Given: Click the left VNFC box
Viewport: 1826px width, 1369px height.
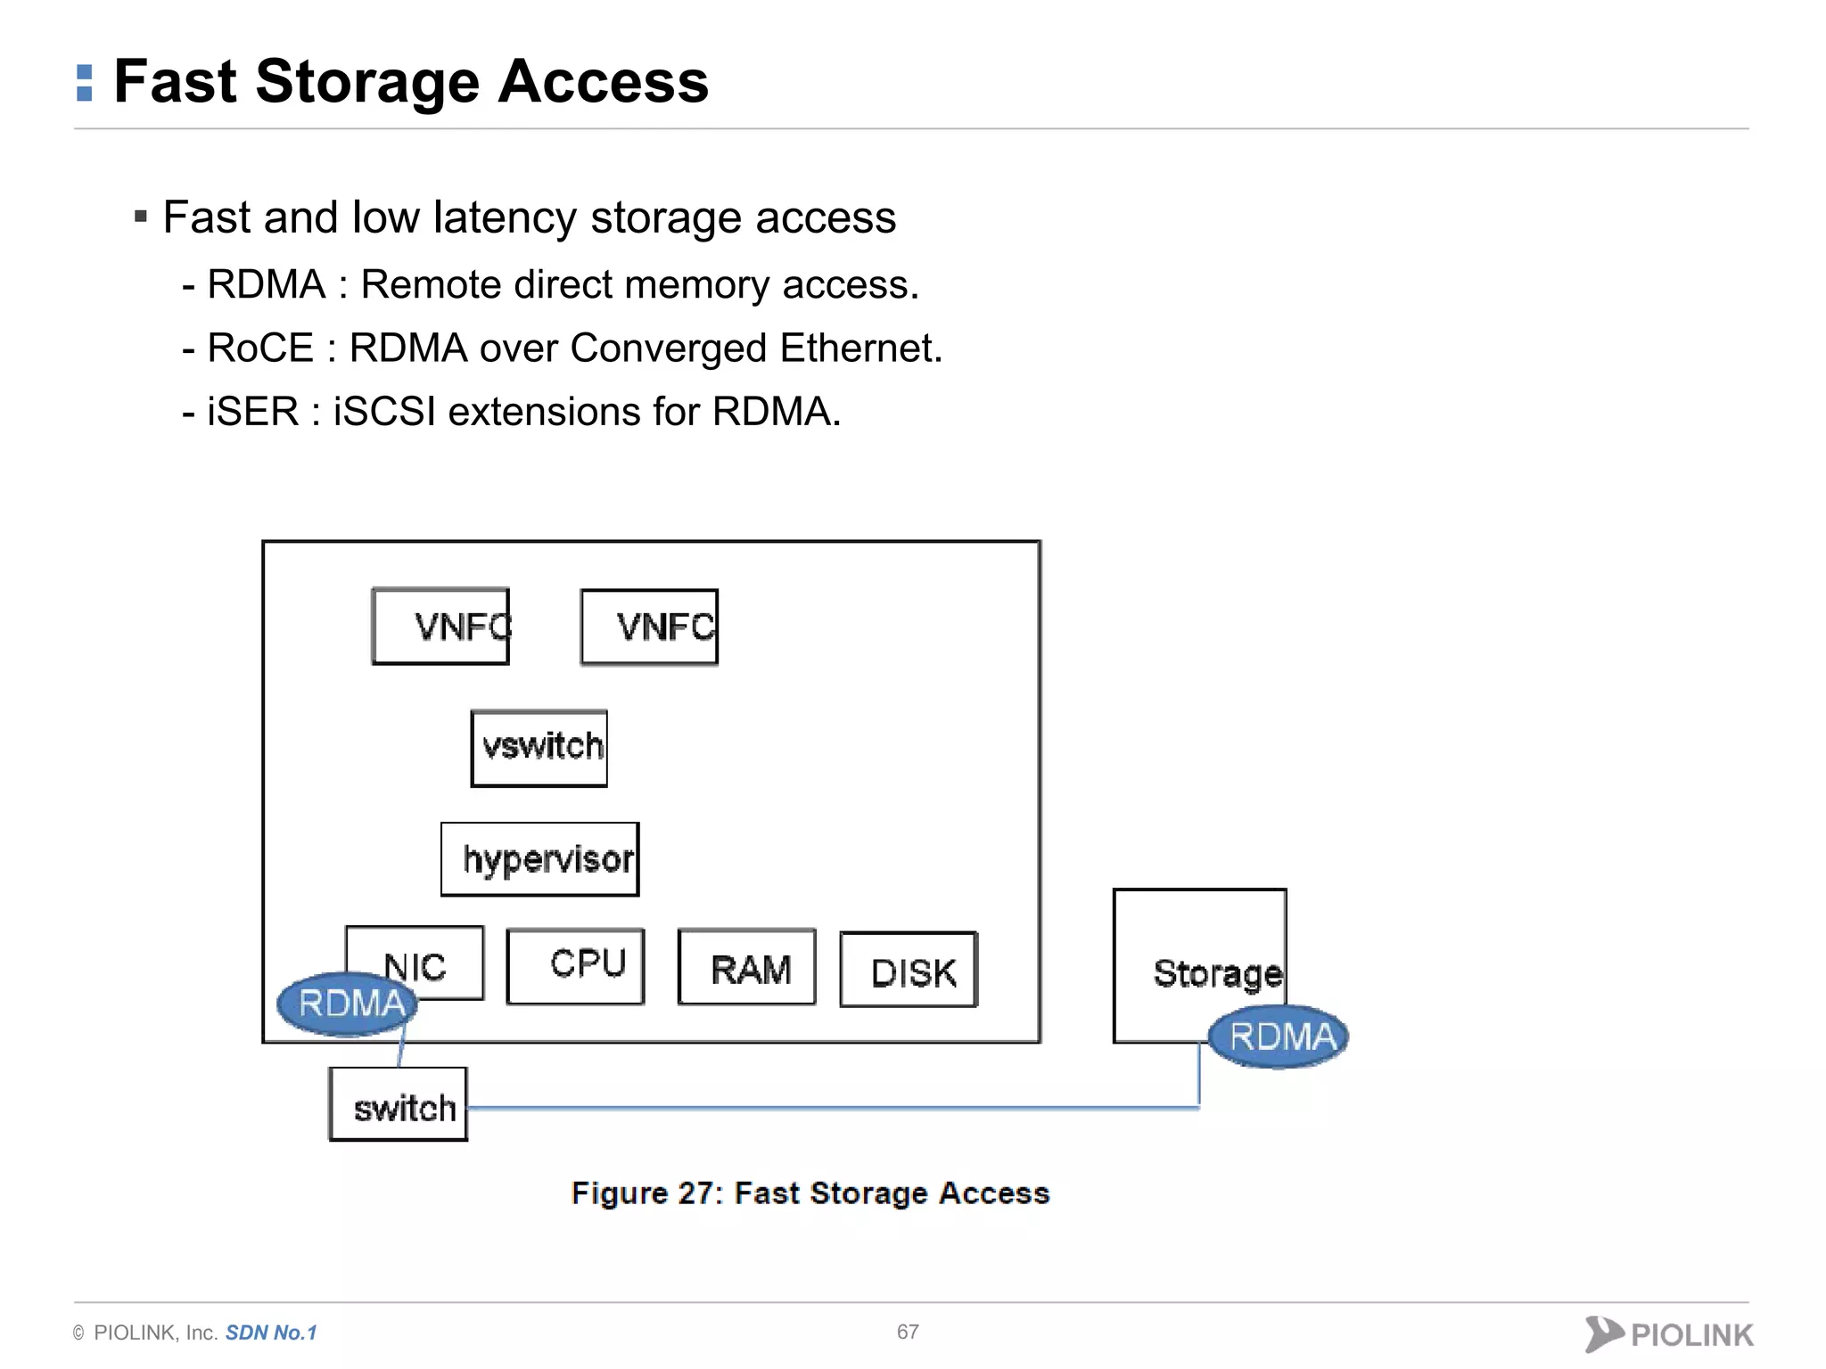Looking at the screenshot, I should coord(440,627).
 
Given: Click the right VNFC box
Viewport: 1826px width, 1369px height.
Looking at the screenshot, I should coord(649,627).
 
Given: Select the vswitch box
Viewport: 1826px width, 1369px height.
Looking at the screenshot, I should coord(539,748).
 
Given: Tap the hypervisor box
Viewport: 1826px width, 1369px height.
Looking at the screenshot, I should coord(540,859).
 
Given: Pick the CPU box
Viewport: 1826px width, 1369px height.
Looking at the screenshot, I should coord(575,966).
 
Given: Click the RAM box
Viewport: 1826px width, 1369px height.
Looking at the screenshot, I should coord(747,968).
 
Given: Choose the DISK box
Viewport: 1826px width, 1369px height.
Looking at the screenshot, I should coord(909,971).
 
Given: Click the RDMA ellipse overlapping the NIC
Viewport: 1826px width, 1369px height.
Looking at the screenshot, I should coord(348,1004).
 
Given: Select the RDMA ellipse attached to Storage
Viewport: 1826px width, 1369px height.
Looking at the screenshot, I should coord(1279,1037).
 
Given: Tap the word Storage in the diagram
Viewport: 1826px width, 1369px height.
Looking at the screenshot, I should coord(1216,973).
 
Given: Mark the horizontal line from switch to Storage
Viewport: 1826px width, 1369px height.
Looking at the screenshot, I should coord(829,1108).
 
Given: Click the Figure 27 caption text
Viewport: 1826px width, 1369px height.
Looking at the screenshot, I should coord(810,1193).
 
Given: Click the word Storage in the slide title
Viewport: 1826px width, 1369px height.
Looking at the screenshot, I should coord(368,82).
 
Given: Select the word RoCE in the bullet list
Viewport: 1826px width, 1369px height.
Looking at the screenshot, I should coord(259,348).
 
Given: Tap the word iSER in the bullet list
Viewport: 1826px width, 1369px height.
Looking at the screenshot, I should coord(252,412).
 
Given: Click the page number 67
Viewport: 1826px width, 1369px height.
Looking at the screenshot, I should coord(908,1332).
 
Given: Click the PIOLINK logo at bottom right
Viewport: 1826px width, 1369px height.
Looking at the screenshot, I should coord(1669,1333).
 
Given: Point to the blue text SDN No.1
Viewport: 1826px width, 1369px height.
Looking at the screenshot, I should coord(271,1332).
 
